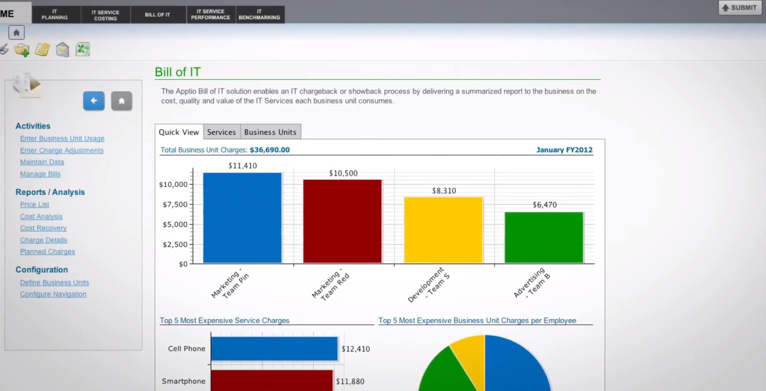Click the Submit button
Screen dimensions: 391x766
tap(739, 8)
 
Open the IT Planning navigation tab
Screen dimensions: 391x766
tap(54, 14)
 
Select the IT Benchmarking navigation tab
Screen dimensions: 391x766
tap(259, 14)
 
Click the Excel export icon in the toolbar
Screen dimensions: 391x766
tap(83, 49)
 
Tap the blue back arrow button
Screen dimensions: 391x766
tap(94, 101)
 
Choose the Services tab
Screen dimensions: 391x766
tap(221, 132)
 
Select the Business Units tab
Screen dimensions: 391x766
tap(270, 132)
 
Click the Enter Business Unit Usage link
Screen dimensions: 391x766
tap(62, 138)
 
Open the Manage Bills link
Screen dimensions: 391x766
tap(40, 174)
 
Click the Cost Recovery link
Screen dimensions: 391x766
tap(43, 228)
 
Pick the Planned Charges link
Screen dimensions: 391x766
tap(47, 252)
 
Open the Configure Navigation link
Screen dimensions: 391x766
tap(53, 294)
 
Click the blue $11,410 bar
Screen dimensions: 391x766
tap(242, 217)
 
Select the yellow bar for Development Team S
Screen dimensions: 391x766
tap(443, 230)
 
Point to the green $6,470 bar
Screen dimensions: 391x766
tap(544, 238)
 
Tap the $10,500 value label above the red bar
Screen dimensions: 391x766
tap(343, 173)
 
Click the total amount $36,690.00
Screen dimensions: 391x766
tap(270, 150)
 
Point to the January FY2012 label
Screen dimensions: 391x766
tap(564, 150)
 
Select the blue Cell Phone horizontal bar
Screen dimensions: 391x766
tap(274, 348)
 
